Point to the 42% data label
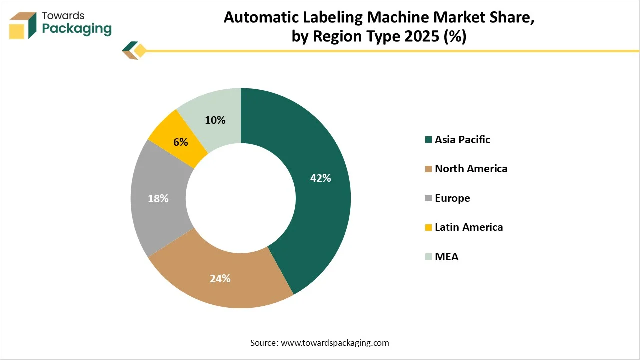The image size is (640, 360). pyautogui.click(x=320, y=178)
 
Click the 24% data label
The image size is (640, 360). pyautogui.click(x=220, y=279)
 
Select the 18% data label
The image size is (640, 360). pyautogui.click(x=158, y=198)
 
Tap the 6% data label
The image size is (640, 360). pyautogui.click(x=181, y=142)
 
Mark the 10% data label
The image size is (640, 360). pyautogui.click(x=215, y=120)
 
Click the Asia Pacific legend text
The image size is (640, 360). pyautogui.click(x=462, y=140)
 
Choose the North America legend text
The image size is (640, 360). pyautogui.click(x=471, y=169)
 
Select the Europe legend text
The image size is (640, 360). pyautogui.click(x=452, y=198)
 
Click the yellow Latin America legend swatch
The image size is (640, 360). pyautogui.click(x=428, y=228)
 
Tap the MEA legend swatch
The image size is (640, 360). pyautogui.click(x=428, y=257)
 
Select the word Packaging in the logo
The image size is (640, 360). pyautogui.click(x=77, y=29)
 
